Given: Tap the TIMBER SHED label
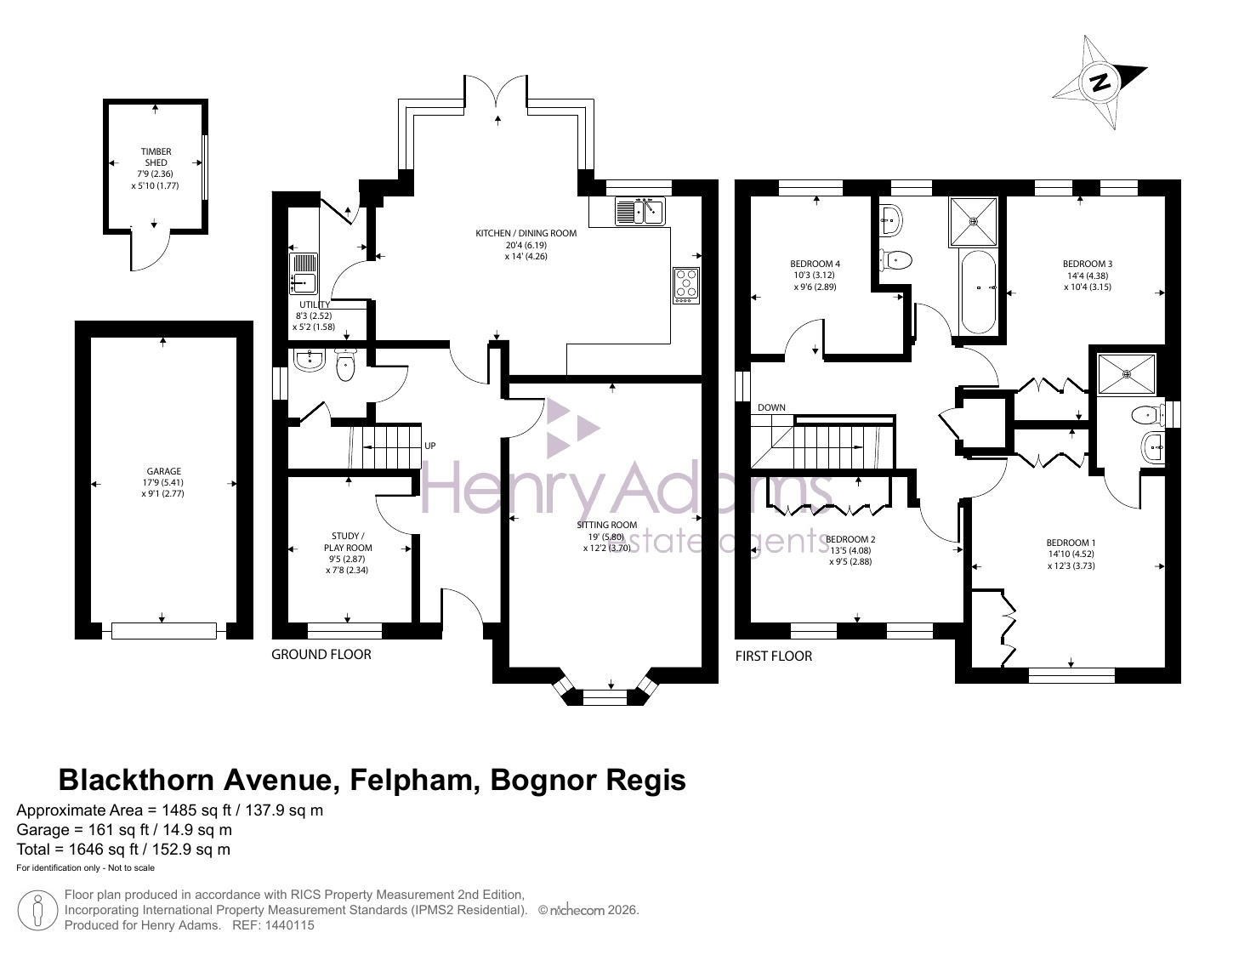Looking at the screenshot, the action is [156, 156].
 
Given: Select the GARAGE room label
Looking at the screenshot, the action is [163, 471].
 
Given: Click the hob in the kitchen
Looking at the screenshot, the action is [686, 286].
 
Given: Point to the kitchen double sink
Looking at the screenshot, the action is [640, 211].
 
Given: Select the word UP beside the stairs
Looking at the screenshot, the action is [429, 446].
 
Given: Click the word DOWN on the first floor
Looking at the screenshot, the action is [771, 407].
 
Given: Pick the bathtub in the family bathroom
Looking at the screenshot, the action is [979, 292].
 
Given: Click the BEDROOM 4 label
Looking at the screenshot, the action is [815, 264].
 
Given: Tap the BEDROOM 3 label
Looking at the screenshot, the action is [1087, 264].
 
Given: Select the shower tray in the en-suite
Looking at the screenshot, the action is [1127, 374].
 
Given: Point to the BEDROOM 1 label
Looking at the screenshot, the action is [1071, 543].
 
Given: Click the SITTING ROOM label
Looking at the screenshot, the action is [606, 525].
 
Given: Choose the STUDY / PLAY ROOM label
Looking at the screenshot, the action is [348, 542].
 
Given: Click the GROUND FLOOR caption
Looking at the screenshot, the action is [321, 654].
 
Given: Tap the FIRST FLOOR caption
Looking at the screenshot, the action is [774, 656].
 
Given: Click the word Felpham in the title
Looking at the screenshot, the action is [416, 781].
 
